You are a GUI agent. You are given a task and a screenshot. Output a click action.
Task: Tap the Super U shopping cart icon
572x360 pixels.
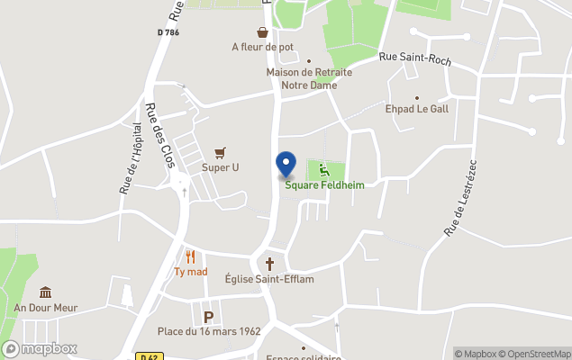(x=220, y=152)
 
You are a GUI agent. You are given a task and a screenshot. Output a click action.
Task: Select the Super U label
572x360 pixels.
(x=220, y=167)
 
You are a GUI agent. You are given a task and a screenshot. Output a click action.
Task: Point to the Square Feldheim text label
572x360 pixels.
(x=318, y=185)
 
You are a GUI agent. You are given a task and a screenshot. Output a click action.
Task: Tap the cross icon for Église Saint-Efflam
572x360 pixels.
(x=269, y=264)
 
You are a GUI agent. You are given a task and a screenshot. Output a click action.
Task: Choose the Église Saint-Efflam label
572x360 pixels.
(x=269, y=279)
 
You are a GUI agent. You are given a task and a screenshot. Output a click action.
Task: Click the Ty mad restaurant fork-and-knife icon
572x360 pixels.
(x=191, y=256)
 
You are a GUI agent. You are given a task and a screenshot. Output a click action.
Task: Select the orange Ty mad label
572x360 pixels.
(x=191, y=272)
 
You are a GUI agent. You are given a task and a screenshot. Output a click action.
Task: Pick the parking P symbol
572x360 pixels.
(x=209, y=317)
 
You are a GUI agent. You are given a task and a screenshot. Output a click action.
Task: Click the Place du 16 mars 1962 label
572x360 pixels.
(x=209, y=331)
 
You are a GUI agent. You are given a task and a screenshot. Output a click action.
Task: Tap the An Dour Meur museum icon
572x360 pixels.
(x=45, y=292)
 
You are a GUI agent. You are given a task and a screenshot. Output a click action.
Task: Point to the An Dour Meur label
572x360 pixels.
(x=45, y=308)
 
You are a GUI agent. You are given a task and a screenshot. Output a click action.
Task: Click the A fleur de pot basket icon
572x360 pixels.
(x=262, y=32)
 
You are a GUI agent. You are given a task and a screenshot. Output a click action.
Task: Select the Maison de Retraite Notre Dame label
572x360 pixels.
(x=309, y=78)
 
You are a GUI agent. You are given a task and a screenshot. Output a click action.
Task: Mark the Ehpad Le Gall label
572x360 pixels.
(x=416, y=109)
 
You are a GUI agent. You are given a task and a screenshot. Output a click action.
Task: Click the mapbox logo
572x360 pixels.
(x=40, y=348)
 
